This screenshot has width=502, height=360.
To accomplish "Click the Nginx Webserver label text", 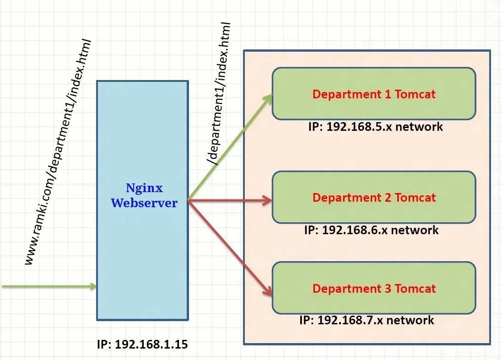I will [x=144, y=196].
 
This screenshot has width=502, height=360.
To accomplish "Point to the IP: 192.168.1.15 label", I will [x=142, y=344].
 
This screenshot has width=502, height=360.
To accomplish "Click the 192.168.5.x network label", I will [x=375, y=126].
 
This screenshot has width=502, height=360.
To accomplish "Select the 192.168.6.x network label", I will [x=371, y=230].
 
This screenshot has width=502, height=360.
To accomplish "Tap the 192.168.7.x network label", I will [x=367, y=320].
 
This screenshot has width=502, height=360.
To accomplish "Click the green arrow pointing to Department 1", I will [x=229, y=147].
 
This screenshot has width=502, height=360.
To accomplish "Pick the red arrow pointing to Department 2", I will [x=229, y=199].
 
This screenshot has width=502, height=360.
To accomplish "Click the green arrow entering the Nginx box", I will [x=48, y=286].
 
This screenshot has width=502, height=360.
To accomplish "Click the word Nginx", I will [x=144, y=188].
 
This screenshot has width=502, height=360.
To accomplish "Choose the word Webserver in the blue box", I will [x=144, y=203].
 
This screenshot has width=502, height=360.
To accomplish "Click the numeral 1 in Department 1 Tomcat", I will [x=387, y=94].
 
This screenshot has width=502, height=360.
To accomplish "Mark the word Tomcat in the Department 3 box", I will [x=415, y=289].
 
